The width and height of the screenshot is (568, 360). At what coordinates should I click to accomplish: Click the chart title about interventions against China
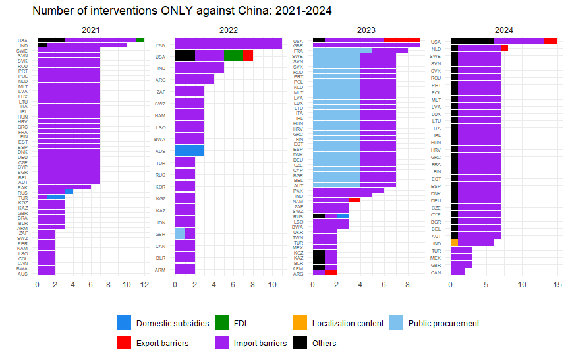click(181, 11)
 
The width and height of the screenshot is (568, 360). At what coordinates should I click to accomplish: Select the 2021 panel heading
click(91, 30)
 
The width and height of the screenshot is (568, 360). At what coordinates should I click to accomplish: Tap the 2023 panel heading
click(366, 30)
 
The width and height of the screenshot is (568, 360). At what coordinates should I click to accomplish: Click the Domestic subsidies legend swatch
click(124, 323)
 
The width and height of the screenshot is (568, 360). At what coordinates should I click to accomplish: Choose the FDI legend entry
click(223, 323)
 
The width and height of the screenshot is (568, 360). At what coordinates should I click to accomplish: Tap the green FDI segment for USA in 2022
click(233, 56)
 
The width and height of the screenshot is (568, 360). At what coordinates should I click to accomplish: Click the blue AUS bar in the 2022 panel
click(190, 150)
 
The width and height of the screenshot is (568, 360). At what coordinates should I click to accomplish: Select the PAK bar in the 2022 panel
click(229, 44)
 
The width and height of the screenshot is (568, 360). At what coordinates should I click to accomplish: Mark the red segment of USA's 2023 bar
click(402, 40)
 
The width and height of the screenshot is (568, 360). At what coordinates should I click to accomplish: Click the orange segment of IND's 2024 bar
click(454, 243)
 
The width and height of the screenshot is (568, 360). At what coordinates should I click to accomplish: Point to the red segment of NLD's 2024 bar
click(504, 48)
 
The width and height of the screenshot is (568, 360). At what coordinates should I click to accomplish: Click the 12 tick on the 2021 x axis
click(145, 284)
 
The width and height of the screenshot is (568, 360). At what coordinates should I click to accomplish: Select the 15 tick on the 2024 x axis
click(557, 284)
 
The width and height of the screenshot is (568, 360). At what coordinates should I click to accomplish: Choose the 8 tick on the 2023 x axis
click(408, 284)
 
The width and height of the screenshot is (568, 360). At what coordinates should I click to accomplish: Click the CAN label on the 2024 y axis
click(436, 272)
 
